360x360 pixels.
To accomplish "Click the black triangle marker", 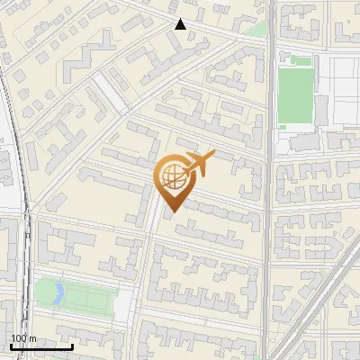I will pyautogui.click(x=180, y=24).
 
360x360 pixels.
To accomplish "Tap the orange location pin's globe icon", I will pyautogui.click(x=171, y=176).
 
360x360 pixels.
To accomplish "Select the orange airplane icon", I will pyautogui.click(x=199, y=163).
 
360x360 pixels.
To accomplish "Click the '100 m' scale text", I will pyautogui.click(x=23, y=337).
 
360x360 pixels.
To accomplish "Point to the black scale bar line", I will pyautogui.click(x=40, y=346).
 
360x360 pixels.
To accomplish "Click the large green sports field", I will pyautogui.click(x=294, y=96).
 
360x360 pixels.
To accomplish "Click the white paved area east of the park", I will pyautogui.click(x=123, y=302).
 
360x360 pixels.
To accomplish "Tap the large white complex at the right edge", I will pyautogui.click(x=342, y=90).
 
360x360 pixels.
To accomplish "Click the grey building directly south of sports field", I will pyautogui.click(x=304, y=142).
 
